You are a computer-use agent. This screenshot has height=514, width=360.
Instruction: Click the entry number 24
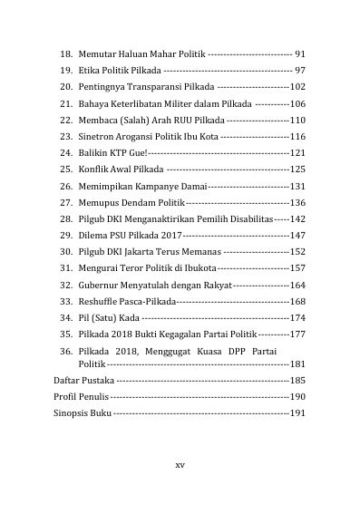click(64, 152)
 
